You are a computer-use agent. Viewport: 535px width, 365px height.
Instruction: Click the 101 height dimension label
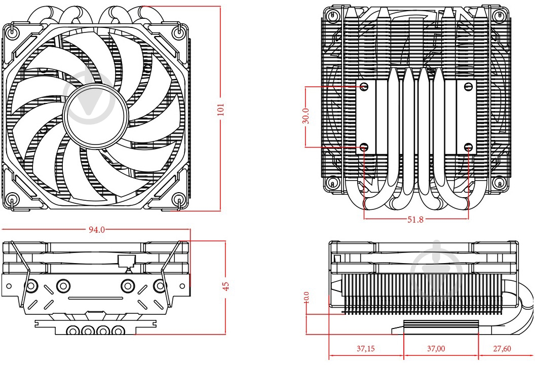click(220, 109)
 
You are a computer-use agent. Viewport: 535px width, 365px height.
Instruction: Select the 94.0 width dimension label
click(96, 230)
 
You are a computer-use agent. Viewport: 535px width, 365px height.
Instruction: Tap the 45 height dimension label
click(226, 286)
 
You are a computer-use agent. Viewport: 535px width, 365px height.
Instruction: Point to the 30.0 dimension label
click(305, 116)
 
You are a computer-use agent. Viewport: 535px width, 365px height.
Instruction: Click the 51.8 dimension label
click(415, 220)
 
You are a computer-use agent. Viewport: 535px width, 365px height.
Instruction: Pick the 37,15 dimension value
click(366, 349)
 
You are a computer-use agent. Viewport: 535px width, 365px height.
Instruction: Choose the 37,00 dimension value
click(436, 349)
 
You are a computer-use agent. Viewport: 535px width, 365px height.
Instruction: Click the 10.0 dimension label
click(306, 297)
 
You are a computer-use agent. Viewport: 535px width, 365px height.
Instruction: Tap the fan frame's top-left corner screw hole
click(13, 32)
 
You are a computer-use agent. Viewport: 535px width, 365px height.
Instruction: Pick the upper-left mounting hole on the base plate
click(364, 87)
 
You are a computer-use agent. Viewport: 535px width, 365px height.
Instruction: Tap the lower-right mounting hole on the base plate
click(469, 148)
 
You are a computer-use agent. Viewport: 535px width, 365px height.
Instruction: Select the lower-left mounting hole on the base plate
click(364, 148)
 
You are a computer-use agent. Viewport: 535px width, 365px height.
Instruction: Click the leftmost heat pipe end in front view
click(73, 331)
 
